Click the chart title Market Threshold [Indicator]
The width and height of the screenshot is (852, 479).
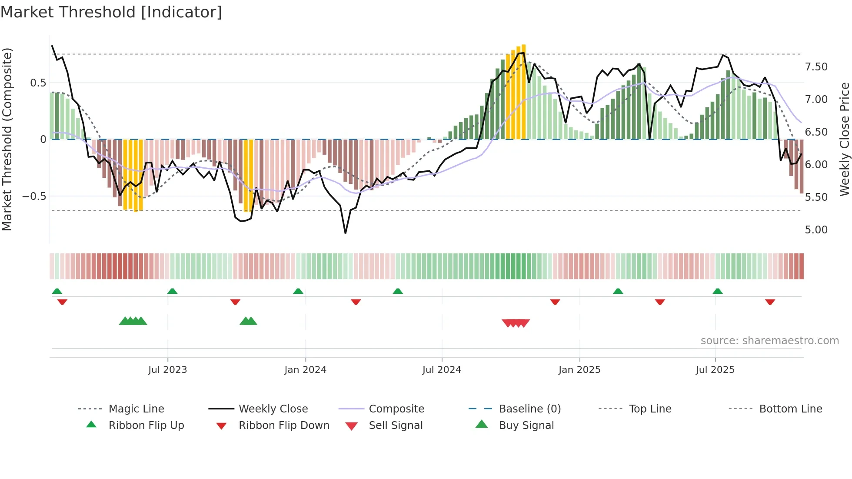click(x=111, y=12)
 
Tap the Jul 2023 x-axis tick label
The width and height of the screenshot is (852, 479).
click(x=167, y=370)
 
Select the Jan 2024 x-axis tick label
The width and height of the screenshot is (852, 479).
click(x=305, y=370)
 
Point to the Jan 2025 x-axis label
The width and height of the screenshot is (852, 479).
click(x=579, y=370)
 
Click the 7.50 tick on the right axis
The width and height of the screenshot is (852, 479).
click(x=816, y=67)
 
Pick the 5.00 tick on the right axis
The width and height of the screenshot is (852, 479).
click(x=816, y=230)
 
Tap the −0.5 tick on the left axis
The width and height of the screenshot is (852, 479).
click(x=34, y=196)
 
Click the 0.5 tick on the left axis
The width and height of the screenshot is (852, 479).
click(x=38, y=83)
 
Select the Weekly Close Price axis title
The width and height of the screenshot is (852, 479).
click(x=844, y=139)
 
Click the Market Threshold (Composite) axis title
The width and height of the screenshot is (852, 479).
click(x=7, y=139)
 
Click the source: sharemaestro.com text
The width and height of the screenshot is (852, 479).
click(x=769, y=341)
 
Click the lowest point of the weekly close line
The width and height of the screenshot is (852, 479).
click(x=346, y=233)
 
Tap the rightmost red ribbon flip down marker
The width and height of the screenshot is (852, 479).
click(x=770, y=302)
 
